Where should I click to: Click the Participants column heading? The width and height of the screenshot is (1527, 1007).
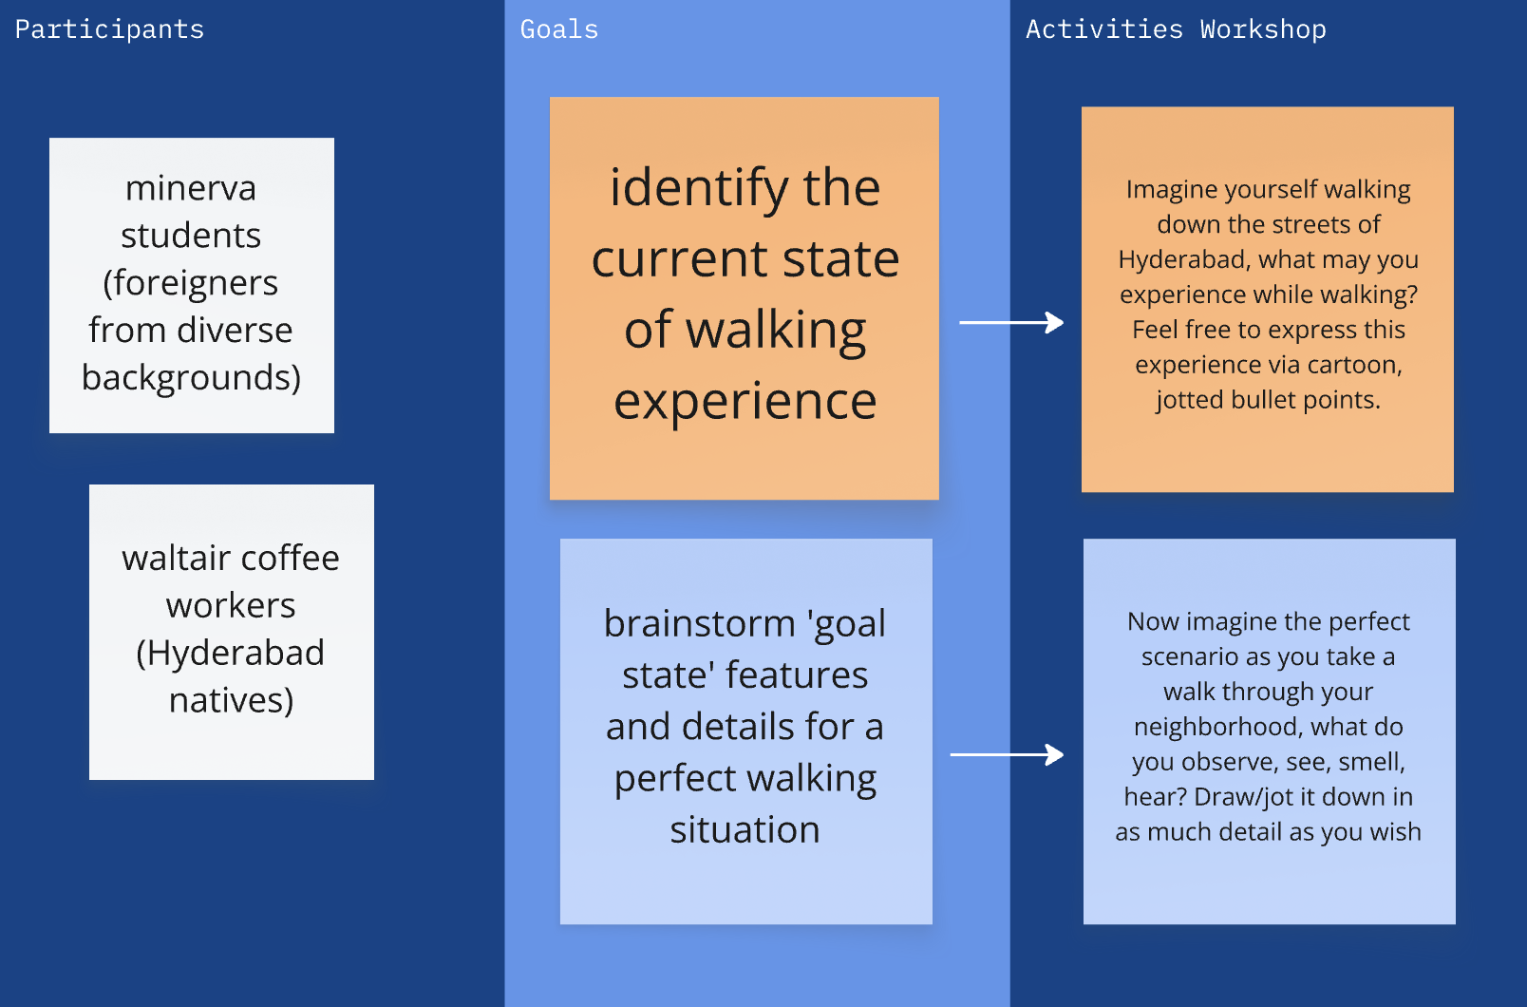[x=109, y=29]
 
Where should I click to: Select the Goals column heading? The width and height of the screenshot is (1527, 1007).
[x=559, y=29]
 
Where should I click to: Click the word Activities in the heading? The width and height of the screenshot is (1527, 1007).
[x=1103, y=29]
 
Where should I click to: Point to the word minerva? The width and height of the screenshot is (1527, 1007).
[x=191, y=188]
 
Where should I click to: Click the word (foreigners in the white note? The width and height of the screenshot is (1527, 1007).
[x=191, y=283]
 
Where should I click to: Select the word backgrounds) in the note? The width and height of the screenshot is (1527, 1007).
[x=191, y=378]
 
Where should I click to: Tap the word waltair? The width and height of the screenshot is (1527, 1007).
[x=174, y=558]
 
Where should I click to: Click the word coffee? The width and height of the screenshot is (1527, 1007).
[x=290, y=558]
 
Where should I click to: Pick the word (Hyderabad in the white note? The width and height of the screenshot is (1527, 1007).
[x=231, y=653]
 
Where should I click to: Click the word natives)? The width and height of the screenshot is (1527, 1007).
[x=231, y=700]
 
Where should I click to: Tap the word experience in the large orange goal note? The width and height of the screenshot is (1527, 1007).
[x=745, y=401]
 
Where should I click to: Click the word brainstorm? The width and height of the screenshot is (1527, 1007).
[x=699, y=624]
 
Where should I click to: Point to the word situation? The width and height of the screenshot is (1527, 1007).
[x=745, y=830]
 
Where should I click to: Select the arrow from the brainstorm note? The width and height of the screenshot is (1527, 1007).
[x=1007, y=755]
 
